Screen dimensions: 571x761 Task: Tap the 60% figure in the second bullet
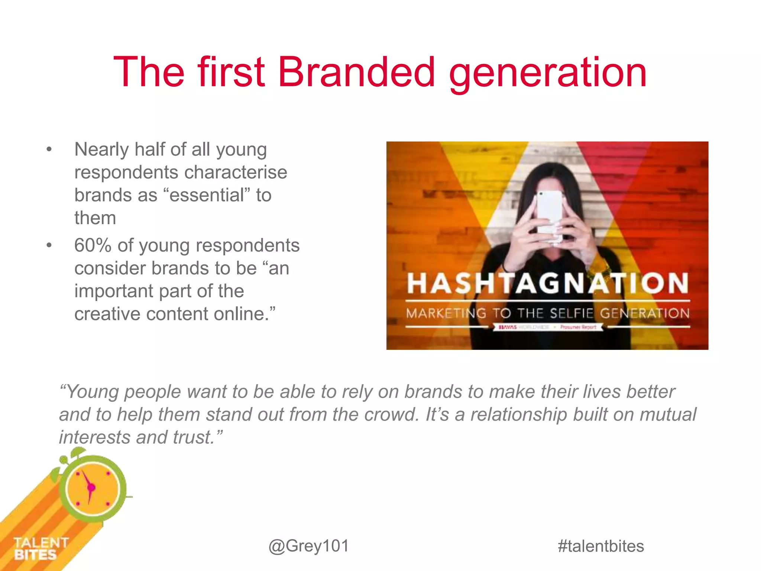(x=93, y=245)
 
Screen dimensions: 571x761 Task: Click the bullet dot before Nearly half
(x=49, y=150)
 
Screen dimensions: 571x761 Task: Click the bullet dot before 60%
(x=49, y=246)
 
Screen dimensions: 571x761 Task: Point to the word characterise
(x=236, y=172)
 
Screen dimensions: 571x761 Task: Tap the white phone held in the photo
(x=549, y=216)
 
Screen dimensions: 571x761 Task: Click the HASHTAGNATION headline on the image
(x=547, y=283)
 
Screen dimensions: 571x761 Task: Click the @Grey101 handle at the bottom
(x=309, y=546)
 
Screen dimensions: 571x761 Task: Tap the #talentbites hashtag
(x=600, y=546)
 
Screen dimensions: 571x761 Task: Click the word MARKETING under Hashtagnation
(x=446, y=313)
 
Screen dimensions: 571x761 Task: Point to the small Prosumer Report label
(x=578, y=327)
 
